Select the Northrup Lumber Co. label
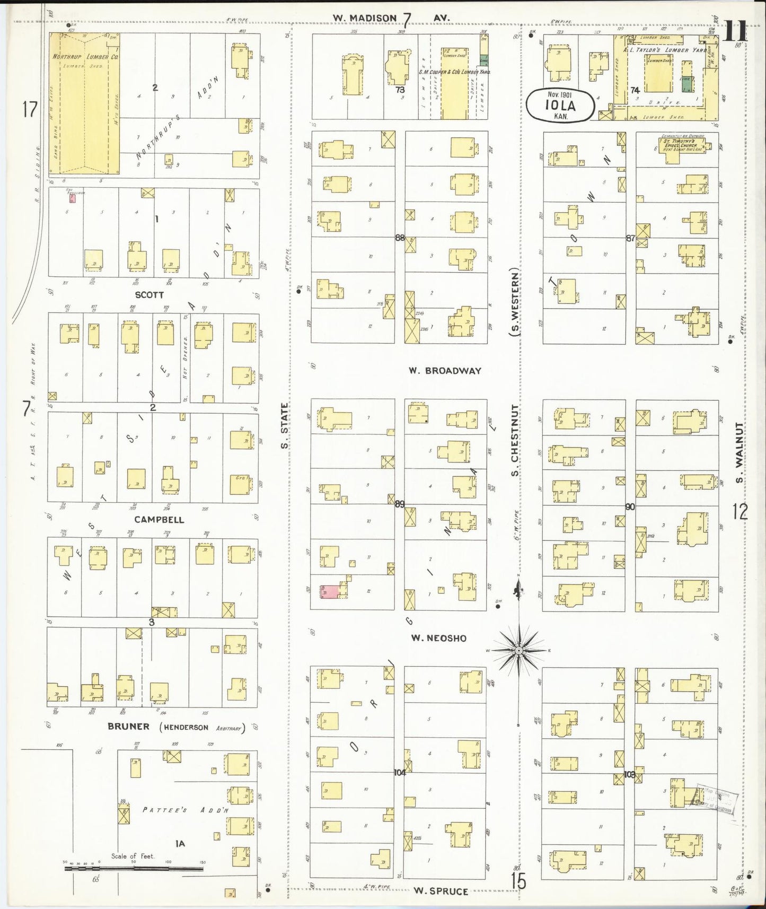coord(85,56)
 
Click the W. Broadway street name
coord(445,371)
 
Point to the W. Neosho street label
coord(439,638)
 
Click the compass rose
coord(519,650)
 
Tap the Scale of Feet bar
coord(135,869)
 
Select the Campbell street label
coord(159,520)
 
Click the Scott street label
coord(149,295)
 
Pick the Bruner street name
coord(129,727)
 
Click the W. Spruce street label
coord(441,891)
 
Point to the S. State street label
coord(285,426)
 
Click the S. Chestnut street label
coord(514,440)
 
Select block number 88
coord(400,238)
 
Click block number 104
coord(400,773)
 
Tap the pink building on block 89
coord(330,592)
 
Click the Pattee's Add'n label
coord(186,810)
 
